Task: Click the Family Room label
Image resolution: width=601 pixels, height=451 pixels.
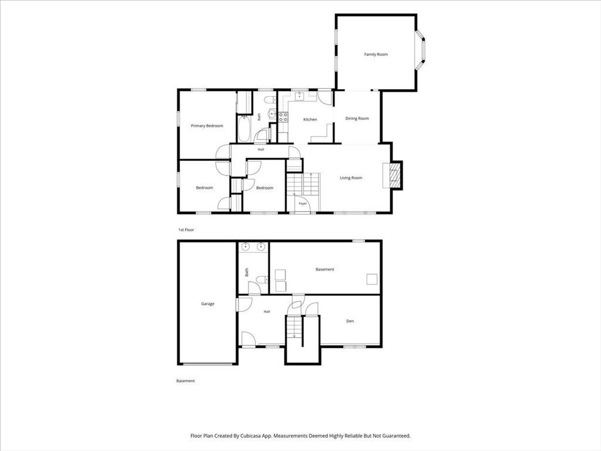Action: [376, 55]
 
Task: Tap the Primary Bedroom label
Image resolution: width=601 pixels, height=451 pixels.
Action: [207, 126]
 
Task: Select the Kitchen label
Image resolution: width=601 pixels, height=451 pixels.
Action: [310, 120]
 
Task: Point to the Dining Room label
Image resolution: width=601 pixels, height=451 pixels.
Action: [357, 119]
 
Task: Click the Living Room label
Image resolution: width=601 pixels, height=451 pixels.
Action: [351, 178]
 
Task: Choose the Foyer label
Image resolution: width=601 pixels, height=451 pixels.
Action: [303, 204]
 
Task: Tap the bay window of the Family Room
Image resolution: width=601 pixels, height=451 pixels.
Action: [420, 51]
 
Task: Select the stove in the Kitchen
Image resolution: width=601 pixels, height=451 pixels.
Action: [283, 117]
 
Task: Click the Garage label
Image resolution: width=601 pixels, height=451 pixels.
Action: [208, 304]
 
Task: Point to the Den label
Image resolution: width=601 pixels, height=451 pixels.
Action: [350, 321]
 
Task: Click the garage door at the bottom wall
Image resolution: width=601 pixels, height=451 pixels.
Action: [207, 364]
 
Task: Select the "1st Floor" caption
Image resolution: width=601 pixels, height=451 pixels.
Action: [186, 230]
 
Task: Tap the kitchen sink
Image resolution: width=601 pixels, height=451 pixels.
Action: [299, 96]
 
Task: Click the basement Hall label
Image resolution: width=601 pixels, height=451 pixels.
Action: [267, 311]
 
